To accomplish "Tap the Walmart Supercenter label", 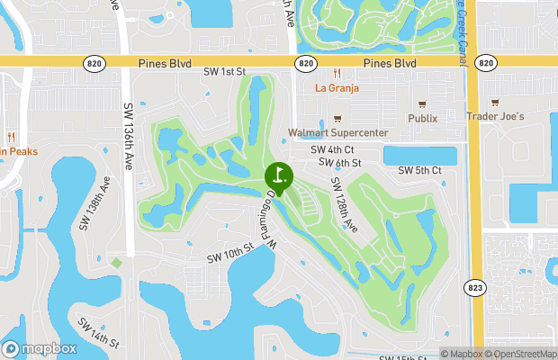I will point(337,133).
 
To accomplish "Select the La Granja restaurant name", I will point(337,88).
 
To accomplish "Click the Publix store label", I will point(421,118).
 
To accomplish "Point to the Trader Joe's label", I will point(495,117).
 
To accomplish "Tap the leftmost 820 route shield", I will point(94,63).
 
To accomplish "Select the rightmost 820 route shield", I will point(486,63).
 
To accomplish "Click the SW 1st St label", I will point(223,71).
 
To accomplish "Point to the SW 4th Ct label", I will point(332,150).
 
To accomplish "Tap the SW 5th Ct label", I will point(420,170).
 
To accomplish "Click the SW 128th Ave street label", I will point(345,204).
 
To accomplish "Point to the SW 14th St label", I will point(98,332).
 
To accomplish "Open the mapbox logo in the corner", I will point(40,348).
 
